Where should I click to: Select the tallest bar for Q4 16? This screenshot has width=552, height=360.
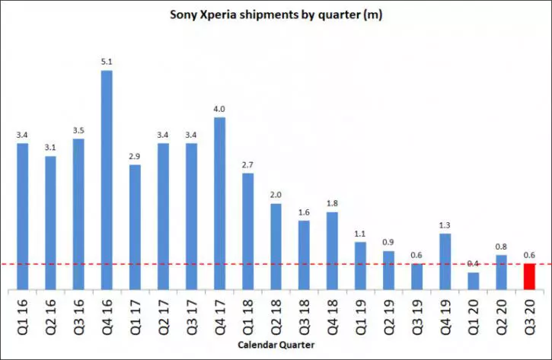tap(107, 180)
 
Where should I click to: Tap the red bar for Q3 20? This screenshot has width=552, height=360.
tap(529, 276)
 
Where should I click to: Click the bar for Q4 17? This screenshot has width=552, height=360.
tap(219, 203)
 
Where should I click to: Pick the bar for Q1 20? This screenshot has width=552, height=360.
tap(474, 281)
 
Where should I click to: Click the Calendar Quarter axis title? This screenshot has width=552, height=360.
tap(275, 346)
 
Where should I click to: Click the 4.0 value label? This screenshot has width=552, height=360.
tap(219, 110)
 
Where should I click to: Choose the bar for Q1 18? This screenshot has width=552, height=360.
tap(247, 231)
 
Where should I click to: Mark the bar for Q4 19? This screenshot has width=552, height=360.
tap(445, 261)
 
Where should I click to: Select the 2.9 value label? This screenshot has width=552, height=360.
tap(135, 157)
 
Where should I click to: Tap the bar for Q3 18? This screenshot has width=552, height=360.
tap(304, 255)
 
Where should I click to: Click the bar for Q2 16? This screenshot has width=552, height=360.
tap(50, 223)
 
